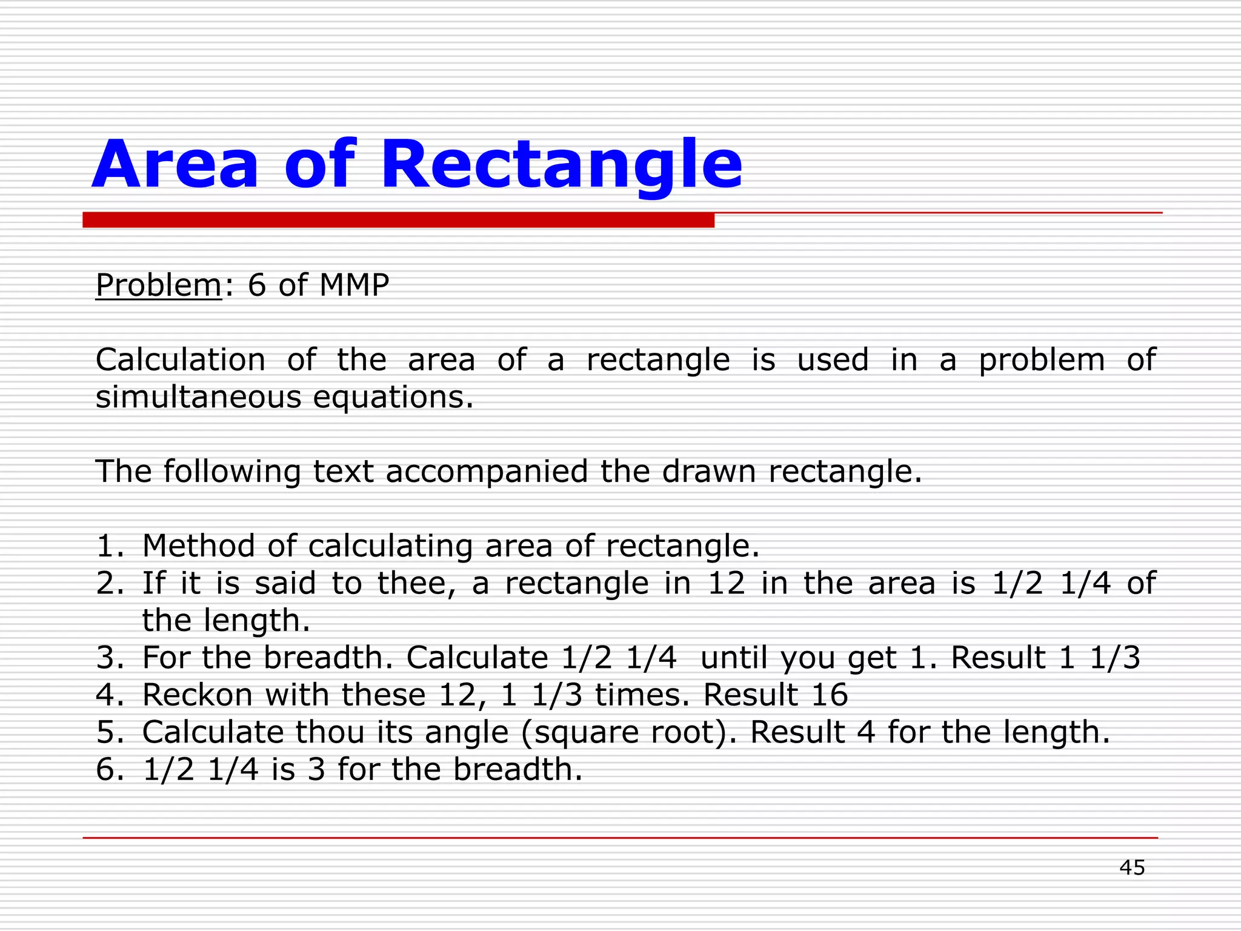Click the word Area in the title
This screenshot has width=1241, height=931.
[x=175, y=165]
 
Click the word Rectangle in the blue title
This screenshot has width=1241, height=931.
[x=561, y=165]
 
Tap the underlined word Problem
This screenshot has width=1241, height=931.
[x=159, y=285]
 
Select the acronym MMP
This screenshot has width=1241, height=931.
[x=354, y=285]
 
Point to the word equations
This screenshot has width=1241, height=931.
[x=393, y=398]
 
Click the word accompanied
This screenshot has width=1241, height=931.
[x=487, y=472]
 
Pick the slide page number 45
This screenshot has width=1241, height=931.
[x=1132, y=868]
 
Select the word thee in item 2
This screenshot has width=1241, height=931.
[x=416, y=583]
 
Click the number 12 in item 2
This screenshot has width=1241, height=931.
[x=726, y=583]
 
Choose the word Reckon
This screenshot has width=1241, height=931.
[x=197, y=695]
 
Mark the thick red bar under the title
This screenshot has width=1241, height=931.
[x=398, y=220]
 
